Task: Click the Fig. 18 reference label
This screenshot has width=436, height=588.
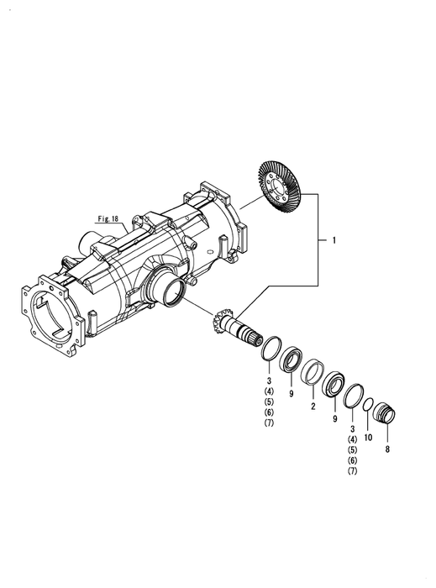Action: click(108, 218)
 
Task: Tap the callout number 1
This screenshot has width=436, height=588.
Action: click(334, 240)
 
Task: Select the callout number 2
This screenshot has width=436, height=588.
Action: click(313, 406)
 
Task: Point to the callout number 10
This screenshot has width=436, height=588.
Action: click(368, 438)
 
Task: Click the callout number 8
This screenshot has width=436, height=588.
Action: click(387, 449)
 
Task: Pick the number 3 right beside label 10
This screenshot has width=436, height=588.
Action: click(352, 429)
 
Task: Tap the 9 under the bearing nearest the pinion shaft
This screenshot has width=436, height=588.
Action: click(291, 393)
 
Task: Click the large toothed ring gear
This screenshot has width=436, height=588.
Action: click(279, 187)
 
